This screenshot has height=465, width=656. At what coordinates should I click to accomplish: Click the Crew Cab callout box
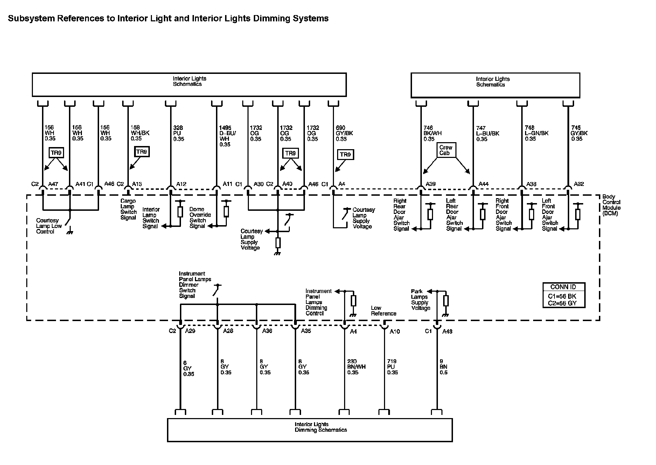tap(446, 150)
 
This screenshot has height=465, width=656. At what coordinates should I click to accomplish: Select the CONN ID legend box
tap(564, 295)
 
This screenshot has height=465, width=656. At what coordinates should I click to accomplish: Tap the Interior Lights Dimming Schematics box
tap(310, 430)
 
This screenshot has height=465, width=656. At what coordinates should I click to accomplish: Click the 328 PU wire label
tap(179, 133)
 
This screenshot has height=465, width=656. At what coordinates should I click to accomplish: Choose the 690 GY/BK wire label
tap(344, 133)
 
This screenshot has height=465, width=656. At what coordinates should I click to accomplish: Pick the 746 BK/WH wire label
tap(432, 133)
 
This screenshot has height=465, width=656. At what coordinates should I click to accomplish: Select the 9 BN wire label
tap(444, 367)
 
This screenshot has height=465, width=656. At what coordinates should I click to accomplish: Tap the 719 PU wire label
tap(392, 367)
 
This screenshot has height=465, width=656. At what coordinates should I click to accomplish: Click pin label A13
tap(137, 184)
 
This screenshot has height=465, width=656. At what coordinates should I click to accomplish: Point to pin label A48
tap(447, 331)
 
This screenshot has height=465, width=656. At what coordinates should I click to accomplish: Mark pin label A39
tap(431, 184)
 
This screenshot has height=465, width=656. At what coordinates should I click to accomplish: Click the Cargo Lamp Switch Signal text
tap(128, 209)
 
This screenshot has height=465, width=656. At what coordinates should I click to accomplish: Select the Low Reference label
tap(384, 311)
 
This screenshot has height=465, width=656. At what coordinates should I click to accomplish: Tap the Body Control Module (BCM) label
tap(611, 205)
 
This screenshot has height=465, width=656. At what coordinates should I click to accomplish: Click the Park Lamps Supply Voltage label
tap(420, 299)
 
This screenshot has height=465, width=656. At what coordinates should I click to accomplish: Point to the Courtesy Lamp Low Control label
tap(49, 226)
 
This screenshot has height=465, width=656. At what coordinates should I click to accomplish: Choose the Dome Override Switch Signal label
tap(200, 217)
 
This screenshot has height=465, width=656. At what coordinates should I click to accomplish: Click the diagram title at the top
tap(168, 19)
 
